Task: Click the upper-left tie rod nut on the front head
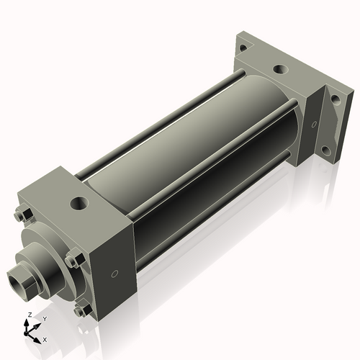pos(19,215)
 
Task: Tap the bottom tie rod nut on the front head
pos(79,310)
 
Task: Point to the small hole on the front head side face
pos(115,274)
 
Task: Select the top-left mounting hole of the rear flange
pos(243,48)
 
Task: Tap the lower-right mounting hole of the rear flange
pos(326,150)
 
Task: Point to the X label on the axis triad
pos(45,339)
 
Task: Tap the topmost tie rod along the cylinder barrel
pos(158,123)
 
